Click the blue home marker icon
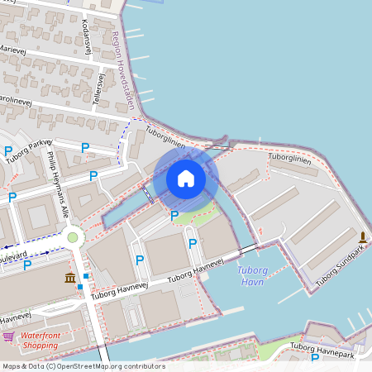185,179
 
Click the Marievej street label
12,50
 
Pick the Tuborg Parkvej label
29,148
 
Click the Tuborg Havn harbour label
251,275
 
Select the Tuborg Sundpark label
340,261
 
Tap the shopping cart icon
8,336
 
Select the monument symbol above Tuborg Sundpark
362,238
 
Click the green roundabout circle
72,238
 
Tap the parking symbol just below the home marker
174,216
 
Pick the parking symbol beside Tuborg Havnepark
314,358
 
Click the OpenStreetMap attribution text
83,366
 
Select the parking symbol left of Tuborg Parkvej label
8,151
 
